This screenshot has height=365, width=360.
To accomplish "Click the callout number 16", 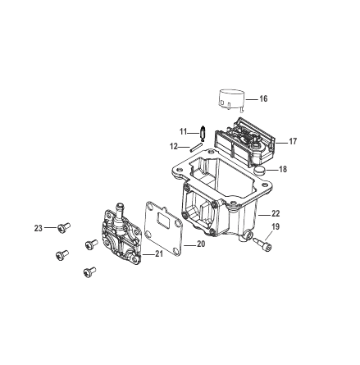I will (262, 98).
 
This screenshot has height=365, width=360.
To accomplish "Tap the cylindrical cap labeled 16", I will (232, 99).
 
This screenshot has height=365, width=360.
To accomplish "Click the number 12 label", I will (174, 146).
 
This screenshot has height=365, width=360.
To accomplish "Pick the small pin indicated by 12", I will (197, 146).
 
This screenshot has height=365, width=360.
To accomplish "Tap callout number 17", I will (292, 141).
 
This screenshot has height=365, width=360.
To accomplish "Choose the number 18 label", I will (283, 170).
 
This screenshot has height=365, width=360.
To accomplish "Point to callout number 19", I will (275, 226).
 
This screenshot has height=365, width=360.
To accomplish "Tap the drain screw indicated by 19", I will (262, 244).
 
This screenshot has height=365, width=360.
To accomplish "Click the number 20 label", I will (201, 244).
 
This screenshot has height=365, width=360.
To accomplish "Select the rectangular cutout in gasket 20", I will (164, 220).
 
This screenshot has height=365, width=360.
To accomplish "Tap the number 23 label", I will (38, 229).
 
